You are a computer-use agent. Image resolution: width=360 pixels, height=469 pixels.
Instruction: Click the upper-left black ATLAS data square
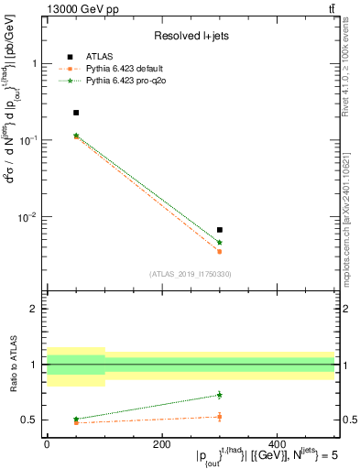76,113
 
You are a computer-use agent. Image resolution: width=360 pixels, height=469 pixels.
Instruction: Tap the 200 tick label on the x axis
162,443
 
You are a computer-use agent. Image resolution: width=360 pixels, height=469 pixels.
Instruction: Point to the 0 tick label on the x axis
47,443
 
